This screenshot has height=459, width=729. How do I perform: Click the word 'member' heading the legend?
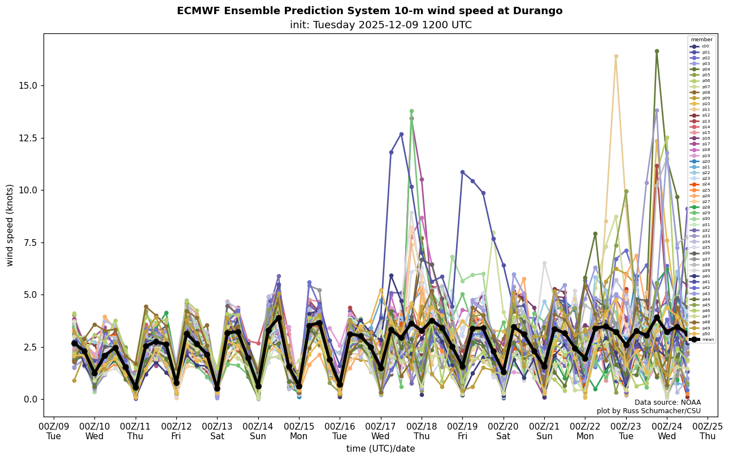pos(701,40)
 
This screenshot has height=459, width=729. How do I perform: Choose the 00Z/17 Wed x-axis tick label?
pos(380,431)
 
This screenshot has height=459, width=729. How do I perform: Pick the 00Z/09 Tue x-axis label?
pos(54,431)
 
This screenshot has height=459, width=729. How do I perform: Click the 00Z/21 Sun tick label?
pos(544,431)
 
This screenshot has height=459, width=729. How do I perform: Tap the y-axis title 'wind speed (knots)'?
pos(10,225)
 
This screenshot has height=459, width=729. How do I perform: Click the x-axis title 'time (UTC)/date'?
pos(380,449)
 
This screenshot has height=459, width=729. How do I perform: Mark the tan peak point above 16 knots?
pos(616,57)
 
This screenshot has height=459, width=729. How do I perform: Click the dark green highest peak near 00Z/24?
pos(657,51)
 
